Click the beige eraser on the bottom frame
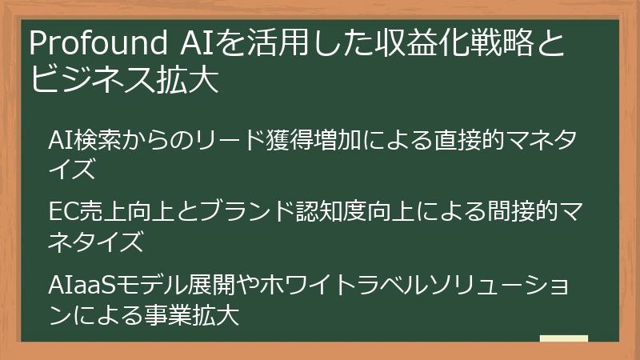[564, 338]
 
